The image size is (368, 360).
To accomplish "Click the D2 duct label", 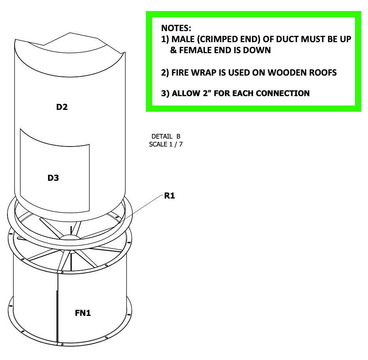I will pyautogui.click(x=61, y=107).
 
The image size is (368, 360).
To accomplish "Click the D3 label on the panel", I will pyautogui.click(x=53, y=178).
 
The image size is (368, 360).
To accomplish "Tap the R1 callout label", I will pyautogui.click(x=169, y=196).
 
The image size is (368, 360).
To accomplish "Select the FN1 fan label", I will pyautogui.click(x=83, y=313).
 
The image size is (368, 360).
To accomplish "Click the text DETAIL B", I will pyautogui.click(x=166, y=137).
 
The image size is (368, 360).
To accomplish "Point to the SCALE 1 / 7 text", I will pyautogui.click(x=166, y=144).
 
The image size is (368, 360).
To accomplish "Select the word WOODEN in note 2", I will pyautogui.click(x=288, y=72).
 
